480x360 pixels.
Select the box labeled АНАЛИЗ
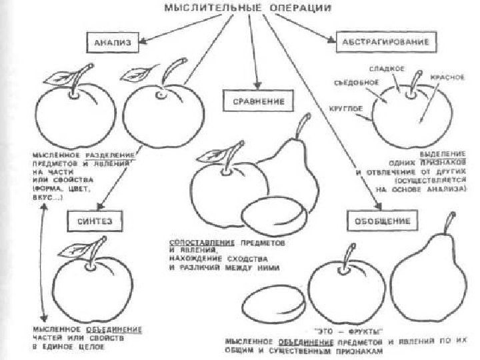tap(111, 42)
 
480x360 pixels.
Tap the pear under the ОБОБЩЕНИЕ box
tap(424, 280)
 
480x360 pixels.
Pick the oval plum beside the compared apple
tap(274, 215)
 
